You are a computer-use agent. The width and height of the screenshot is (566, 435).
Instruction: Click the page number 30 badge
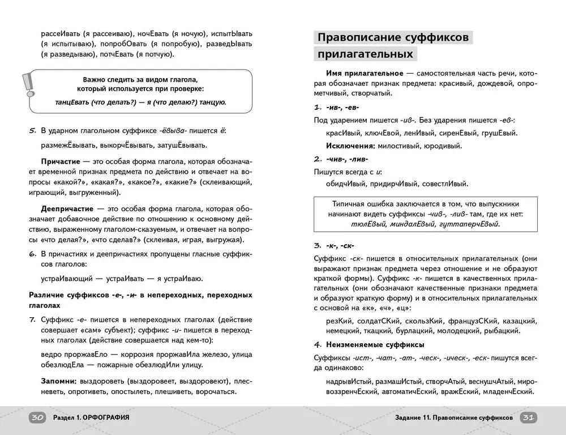(38, 418)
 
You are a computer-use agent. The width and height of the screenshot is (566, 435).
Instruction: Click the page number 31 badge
(528, 418)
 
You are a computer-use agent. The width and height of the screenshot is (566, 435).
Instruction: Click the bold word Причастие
(61, 161)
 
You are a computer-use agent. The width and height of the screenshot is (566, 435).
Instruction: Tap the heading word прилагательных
(365, 55)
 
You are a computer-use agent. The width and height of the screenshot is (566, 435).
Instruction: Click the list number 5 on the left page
(32, 131)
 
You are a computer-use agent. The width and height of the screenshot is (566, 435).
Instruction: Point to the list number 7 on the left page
(32, 319)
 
